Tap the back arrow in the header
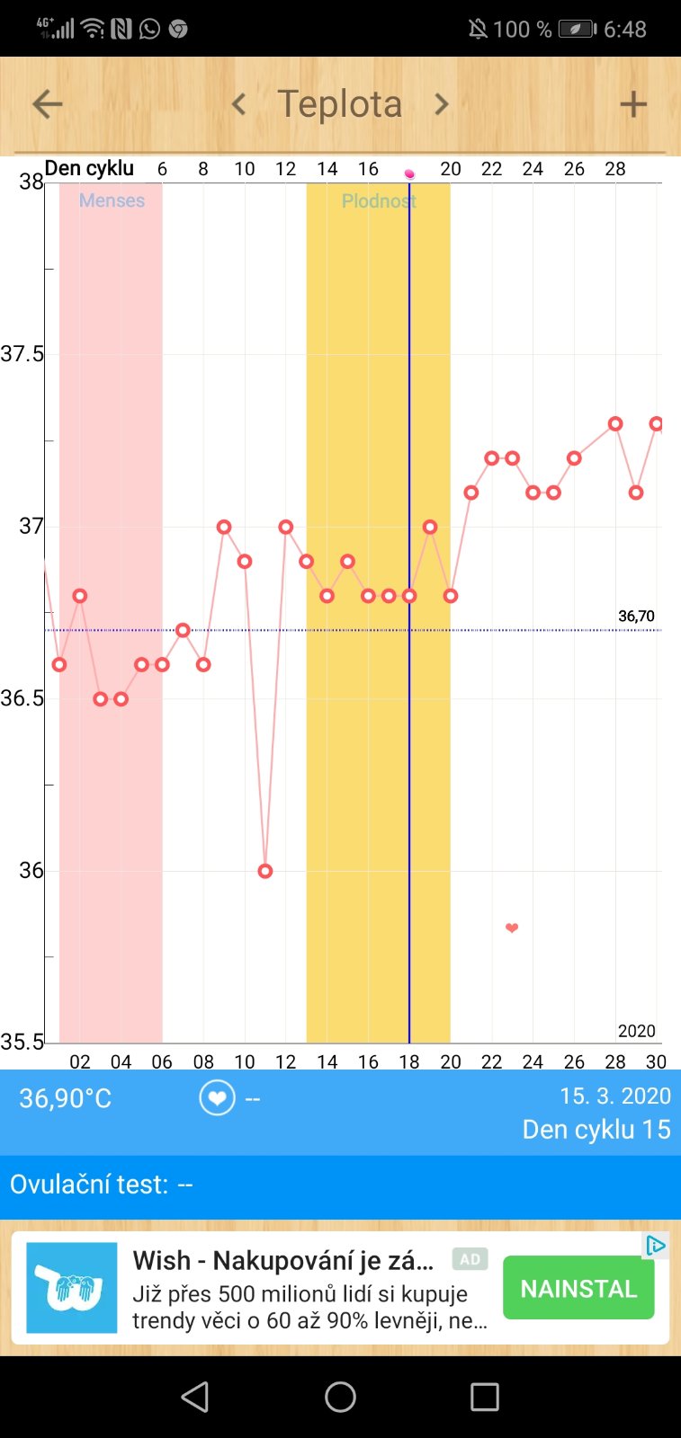click(48, 104)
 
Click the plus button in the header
click(633, 104)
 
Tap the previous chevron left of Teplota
click(239, 104)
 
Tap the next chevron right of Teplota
click(441, 104)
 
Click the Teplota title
click(340, 104)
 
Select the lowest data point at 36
click(265, 871)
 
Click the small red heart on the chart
click(512, 928)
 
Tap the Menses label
click(112, 200)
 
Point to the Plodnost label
click(378, 201)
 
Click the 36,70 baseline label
click(636, 617)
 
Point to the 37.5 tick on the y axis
click(22, 354)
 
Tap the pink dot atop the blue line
click(409, 173)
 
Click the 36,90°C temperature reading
click(66, 1098)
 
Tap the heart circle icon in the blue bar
click(217, 1098)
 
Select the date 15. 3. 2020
click(614, 1096)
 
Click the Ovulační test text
click(101, 1185)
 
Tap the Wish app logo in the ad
click(72, 1287)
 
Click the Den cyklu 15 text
click(596, 1130)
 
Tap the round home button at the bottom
click(340, 1397)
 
